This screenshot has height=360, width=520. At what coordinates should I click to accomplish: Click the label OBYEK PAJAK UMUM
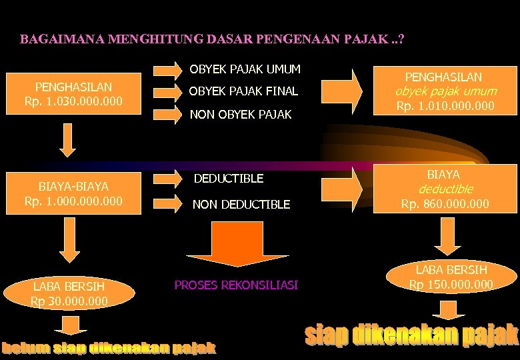point(245,69)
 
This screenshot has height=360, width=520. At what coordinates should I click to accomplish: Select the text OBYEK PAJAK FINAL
point(243,91)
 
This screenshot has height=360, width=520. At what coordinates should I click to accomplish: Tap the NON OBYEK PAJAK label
point(241,115)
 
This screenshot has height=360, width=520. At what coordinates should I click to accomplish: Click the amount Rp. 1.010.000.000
point(445,106)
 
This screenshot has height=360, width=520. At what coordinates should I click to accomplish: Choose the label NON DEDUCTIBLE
point(241,205)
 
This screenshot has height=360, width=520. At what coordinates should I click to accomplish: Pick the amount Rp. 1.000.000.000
point(73,201)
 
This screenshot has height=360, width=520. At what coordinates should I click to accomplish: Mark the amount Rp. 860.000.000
point(445,203)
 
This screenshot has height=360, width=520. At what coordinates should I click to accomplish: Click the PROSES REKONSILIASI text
point(236,285)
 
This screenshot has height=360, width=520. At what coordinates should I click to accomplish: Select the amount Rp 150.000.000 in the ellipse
point(452,285)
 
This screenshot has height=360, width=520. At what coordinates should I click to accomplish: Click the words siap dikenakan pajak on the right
point(411,335)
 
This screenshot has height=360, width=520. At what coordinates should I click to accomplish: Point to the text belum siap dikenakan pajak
point(109,347)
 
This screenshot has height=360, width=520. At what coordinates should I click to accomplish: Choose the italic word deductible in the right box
point(445,189)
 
